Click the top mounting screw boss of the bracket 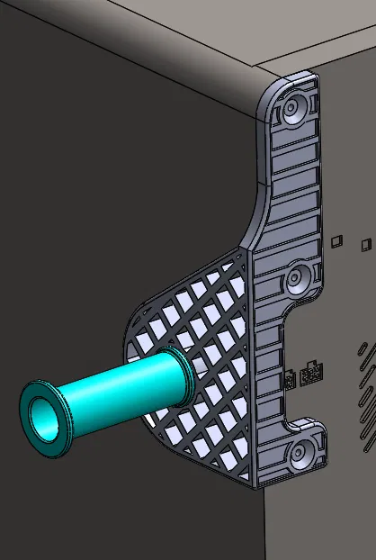coord(293,110)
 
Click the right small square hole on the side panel coord(365,243)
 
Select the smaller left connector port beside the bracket coord(291,379)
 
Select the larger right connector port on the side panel coord(311,374)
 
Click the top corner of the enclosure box coord(255,68)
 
